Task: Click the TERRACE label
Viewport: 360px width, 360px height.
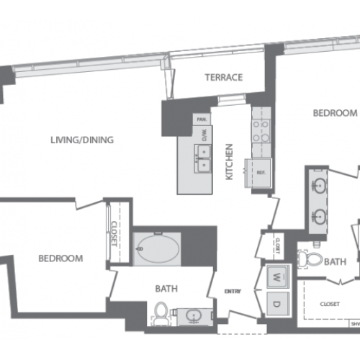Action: (223, 78)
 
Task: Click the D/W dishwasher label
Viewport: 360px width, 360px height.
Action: (204, 135)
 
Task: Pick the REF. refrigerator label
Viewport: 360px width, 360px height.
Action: (260, 173)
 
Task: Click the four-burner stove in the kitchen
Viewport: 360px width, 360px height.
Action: (259, 127)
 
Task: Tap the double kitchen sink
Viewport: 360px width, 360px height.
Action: (203, 158)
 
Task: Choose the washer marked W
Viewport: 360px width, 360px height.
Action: (277, 275)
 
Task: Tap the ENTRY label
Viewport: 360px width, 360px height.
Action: (233, 291)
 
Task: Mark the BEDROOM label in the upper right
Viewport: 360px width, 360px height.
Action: (335, 113)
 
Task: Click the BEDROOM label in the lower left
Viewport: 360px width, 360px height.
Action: (60, 258)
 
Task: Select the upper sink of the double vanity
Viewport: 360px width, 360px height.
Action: (318, 184)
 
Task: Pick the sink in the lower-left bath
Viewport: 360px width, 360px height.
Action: (193, 315)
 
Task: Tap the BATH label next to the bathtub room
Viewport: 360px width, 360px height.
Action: (166, 289)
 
